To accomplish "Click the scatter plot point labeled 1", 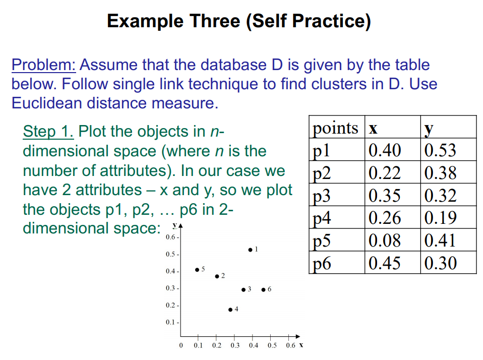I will pyautogui.click(x=250, y=250).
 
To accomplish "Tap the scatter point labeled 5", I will pyautogui.click(x=197, y=270).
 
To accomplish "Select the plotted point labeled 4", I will pyautogui.click(x=230, y=310).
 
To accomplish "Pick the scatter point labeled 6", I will pyautogui.click(x=263, y=289).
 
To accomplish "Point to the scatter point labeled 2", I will pyautogui.click(x=217, y=276).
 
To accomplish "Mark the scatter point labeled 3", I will pyautogui.click(x=243, y=289).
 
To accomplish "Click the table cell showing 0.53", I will pyautogui.click(x=440, y=150).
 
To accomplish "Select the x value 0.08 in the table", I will pyautogui.click(x=385, y=241).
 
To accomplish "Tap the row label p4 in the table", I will pyautogui.click(x=322, y=218).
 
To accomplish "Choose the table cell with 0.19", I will pyautogui.click(x=440, y=218).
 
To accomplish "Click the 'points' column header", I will pyautogui.click(x=335, y=128).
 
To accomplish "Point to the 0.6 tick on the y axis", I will pyautogui.click(x=170, y=237).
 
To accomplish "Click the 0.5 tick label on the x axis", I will pyautogui.click(x=271, y=346).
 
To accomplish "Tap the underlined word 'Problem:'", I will pyautogui.click(x=43, y=65).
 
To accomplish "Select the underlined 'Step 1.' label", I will pyautogui.click(x=49, y=132).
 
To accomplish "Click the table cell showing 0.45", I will pyautogui.click(x=385, y=263).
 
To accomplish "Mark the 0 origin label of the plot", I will pyautogui.click(x=180, y=346).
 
